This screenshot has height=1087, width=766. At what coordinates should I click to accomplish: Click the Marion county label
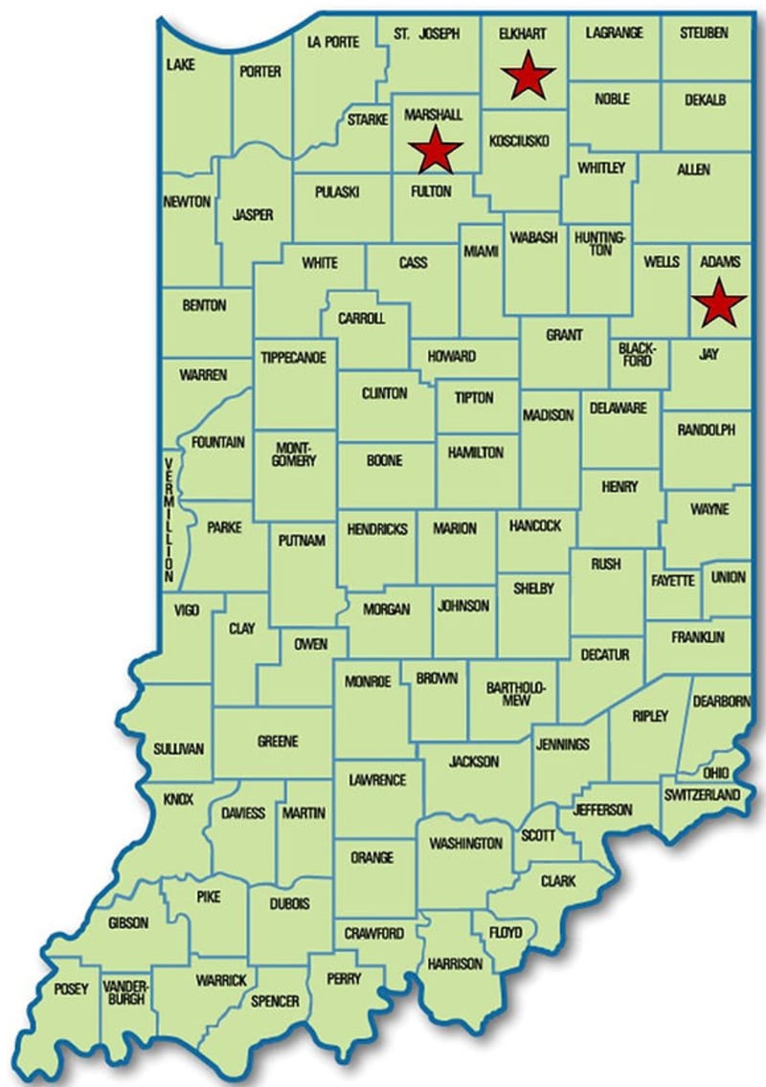(x=454, y=528)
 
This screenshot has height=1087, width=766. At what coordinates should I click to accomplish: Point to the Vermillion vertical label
(x=169, y=521)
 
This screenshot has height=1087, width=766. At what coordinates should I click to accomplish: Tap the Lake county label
(x=181, y=64)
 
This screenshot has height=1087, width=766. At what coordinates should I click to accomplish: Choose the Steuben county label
(x=704, y=33)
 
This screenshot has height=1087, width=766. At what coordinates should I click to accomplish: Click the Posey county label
(x=71, y=988)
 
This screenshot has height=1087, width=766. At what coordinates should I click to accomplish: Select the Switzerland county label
(x=702, y=795)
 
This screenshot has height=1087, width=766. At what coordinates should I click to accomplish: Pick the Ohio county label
(x=715, y=772)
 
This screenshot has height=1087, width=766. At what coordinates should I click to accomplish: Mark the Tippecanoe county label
(x=294, y=357)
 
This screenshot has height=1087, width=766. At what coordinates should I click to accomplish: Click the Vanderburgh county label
(x=125, y=993)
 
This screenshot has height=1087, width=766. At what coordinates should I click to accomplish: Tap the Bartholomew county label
(x=507, y=694)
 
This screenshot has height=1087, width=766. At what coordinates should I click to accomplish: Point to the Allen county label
(x=692, y=169)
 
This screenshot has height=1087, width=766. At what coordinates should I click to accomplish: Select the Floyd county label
(x=505, y=932)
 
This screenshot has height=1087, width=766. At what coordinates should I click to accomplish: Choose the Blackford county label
(x=636, y=354)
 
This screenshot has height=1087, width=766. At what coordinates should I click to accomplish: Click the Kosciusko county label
(x=518, y=141)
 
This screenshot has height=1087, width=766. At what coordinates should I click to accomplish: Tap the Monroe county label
(x=369, y=681)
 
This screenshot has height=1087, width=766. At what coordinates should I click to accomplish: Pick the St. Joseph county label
(x=426, y=33)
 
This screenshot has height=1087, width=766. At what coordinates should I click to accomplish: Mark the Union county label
(x=729, y=578)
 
